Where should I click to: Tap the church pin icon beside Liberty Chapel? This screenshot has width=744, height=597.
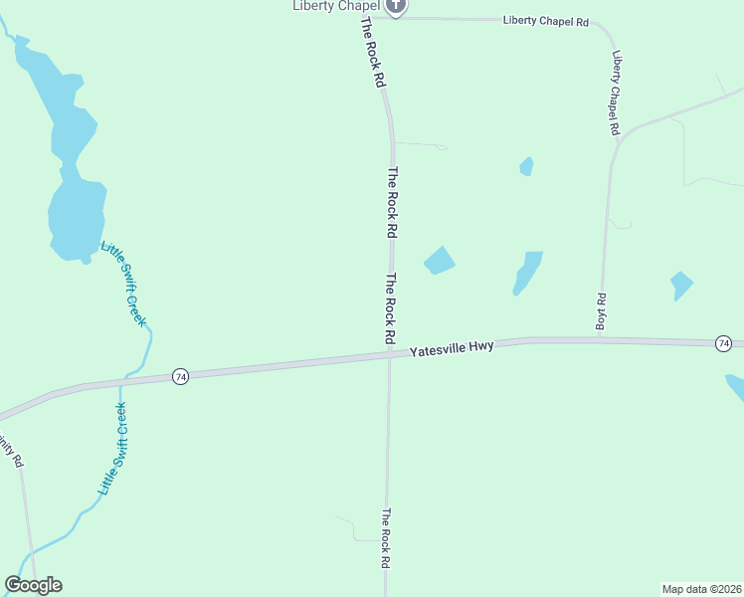tap(396, 6)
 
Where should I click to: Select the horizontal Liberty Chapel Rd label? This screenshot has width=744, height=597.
tap(546, 21)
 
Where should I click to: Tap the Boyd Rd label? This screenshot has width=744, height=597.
tap(601, 311)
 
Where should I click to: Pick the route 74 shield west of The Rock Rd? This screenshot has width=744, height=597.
tap(180, 376)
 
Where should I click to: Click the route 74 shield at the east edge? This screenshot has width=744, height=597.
tap(723, 343)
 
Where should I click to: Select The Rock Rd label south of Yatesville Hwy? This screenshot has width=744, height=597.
tap(386, 538)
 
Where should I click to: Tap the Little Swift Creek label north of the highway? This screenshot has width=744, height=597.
tap(123, 284)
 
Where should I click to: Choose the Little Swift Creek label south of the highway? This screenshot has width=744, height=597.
tap(113, 450)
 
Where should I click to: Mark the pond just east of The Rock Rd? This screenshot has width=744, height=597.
tap(439, 261)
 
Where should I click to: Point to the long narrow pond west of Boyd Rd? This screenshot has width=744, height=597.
tap(527, 273)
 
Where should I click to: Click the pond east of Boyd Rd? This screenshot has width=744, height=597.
tap(681, 285)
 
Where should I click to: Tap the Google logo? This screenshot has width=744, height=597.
tap(33, 585)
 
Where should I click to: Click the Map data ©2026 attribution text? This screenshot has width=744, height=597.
tap(701, 589)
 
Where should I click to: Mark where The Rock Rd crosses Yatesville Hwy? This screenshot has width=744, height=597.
tap(389, 354)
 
